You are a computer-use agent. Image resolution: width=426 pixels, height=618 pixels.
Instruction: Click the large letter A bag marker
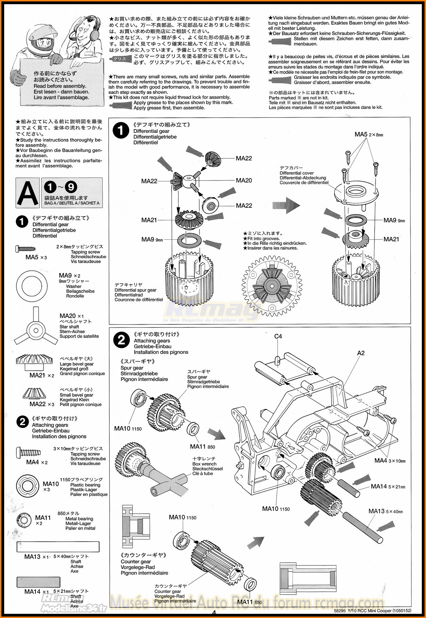(x=28, y=193)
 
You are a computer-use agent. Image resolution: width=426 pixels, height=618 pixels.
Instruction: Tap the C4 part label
(x=278, y=336)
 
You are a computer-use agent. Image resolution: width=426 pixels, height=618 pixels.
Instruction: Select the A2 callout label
(x=361, y=353)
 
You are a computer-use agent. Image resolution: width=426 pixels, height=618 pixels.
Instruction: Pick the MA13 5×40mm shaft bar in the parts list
(x=58, y=547)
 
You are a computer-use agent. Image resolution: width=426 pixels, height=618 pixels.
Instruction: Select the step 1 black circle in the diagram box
(x=121, y=131)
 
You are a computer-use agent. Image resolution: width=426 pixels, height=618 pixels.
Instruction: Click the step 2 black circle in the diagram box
(x=121, y=340)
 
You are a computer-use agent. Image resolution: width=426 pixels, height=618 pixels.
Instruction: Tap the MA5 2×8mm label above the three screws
(x=369, y=134)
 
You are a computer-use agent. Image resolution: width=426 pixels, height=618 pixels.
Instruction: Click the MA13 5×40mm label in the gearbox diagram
(x=385, y=511)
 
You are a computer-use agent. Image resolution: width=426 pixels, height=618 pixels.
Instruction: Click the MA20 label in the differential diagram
(x=244, y=180)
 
